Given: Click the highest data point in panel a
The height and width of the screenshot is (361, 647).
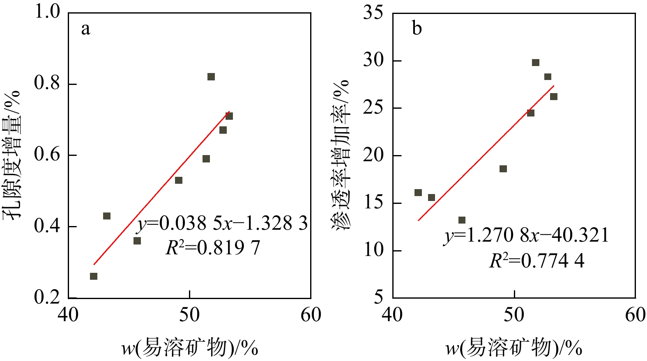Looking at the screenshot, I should [x=211, y=77].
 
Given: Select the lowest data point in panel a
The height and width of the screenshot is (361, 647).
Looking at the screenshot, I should [x=94, y=276].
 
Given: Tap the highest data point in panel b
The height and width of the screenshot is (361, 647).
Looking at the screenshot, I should [x=536, y=62].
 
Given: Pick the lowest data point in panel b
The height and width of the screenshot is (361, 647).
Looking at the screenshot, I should [x=462, y=220].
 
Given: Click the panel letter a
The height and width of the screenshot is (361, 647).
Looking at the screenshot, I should [x=85, y=29].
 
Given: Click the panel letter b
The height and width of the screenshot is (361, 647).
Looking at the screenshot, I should [x=417, y=29].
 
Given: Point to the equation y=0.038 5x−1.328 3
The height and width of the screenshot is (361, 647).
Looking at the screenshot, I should [x=222, y=224].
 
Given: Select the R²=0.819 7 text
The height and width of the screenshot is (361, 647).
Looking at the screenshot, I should [x=213, y=247].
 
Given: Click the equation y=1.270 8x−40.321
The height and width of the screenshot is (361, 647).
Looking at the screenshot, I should [x=526, y=235].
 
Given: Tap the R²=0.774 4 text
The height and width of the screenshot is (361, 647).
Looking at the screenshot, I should [x=536, y=260].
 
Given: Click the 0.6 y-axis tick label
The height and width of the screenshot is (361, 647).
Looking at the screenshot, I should [x=47, y=155].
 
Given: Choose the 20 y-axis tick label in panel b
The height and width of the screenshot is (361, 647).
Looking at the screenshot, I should [x=373, y=155].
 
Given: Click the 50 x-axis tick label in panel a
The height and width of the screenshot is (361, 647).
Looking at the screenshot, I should [x=189, y=315].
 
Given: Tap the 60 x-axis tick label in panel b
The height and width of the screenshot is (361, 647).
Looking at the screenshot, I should [x=635, y=315].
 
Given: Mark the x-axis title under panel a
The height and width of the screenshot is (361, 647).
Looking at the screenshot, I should [x=190, y=348].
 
